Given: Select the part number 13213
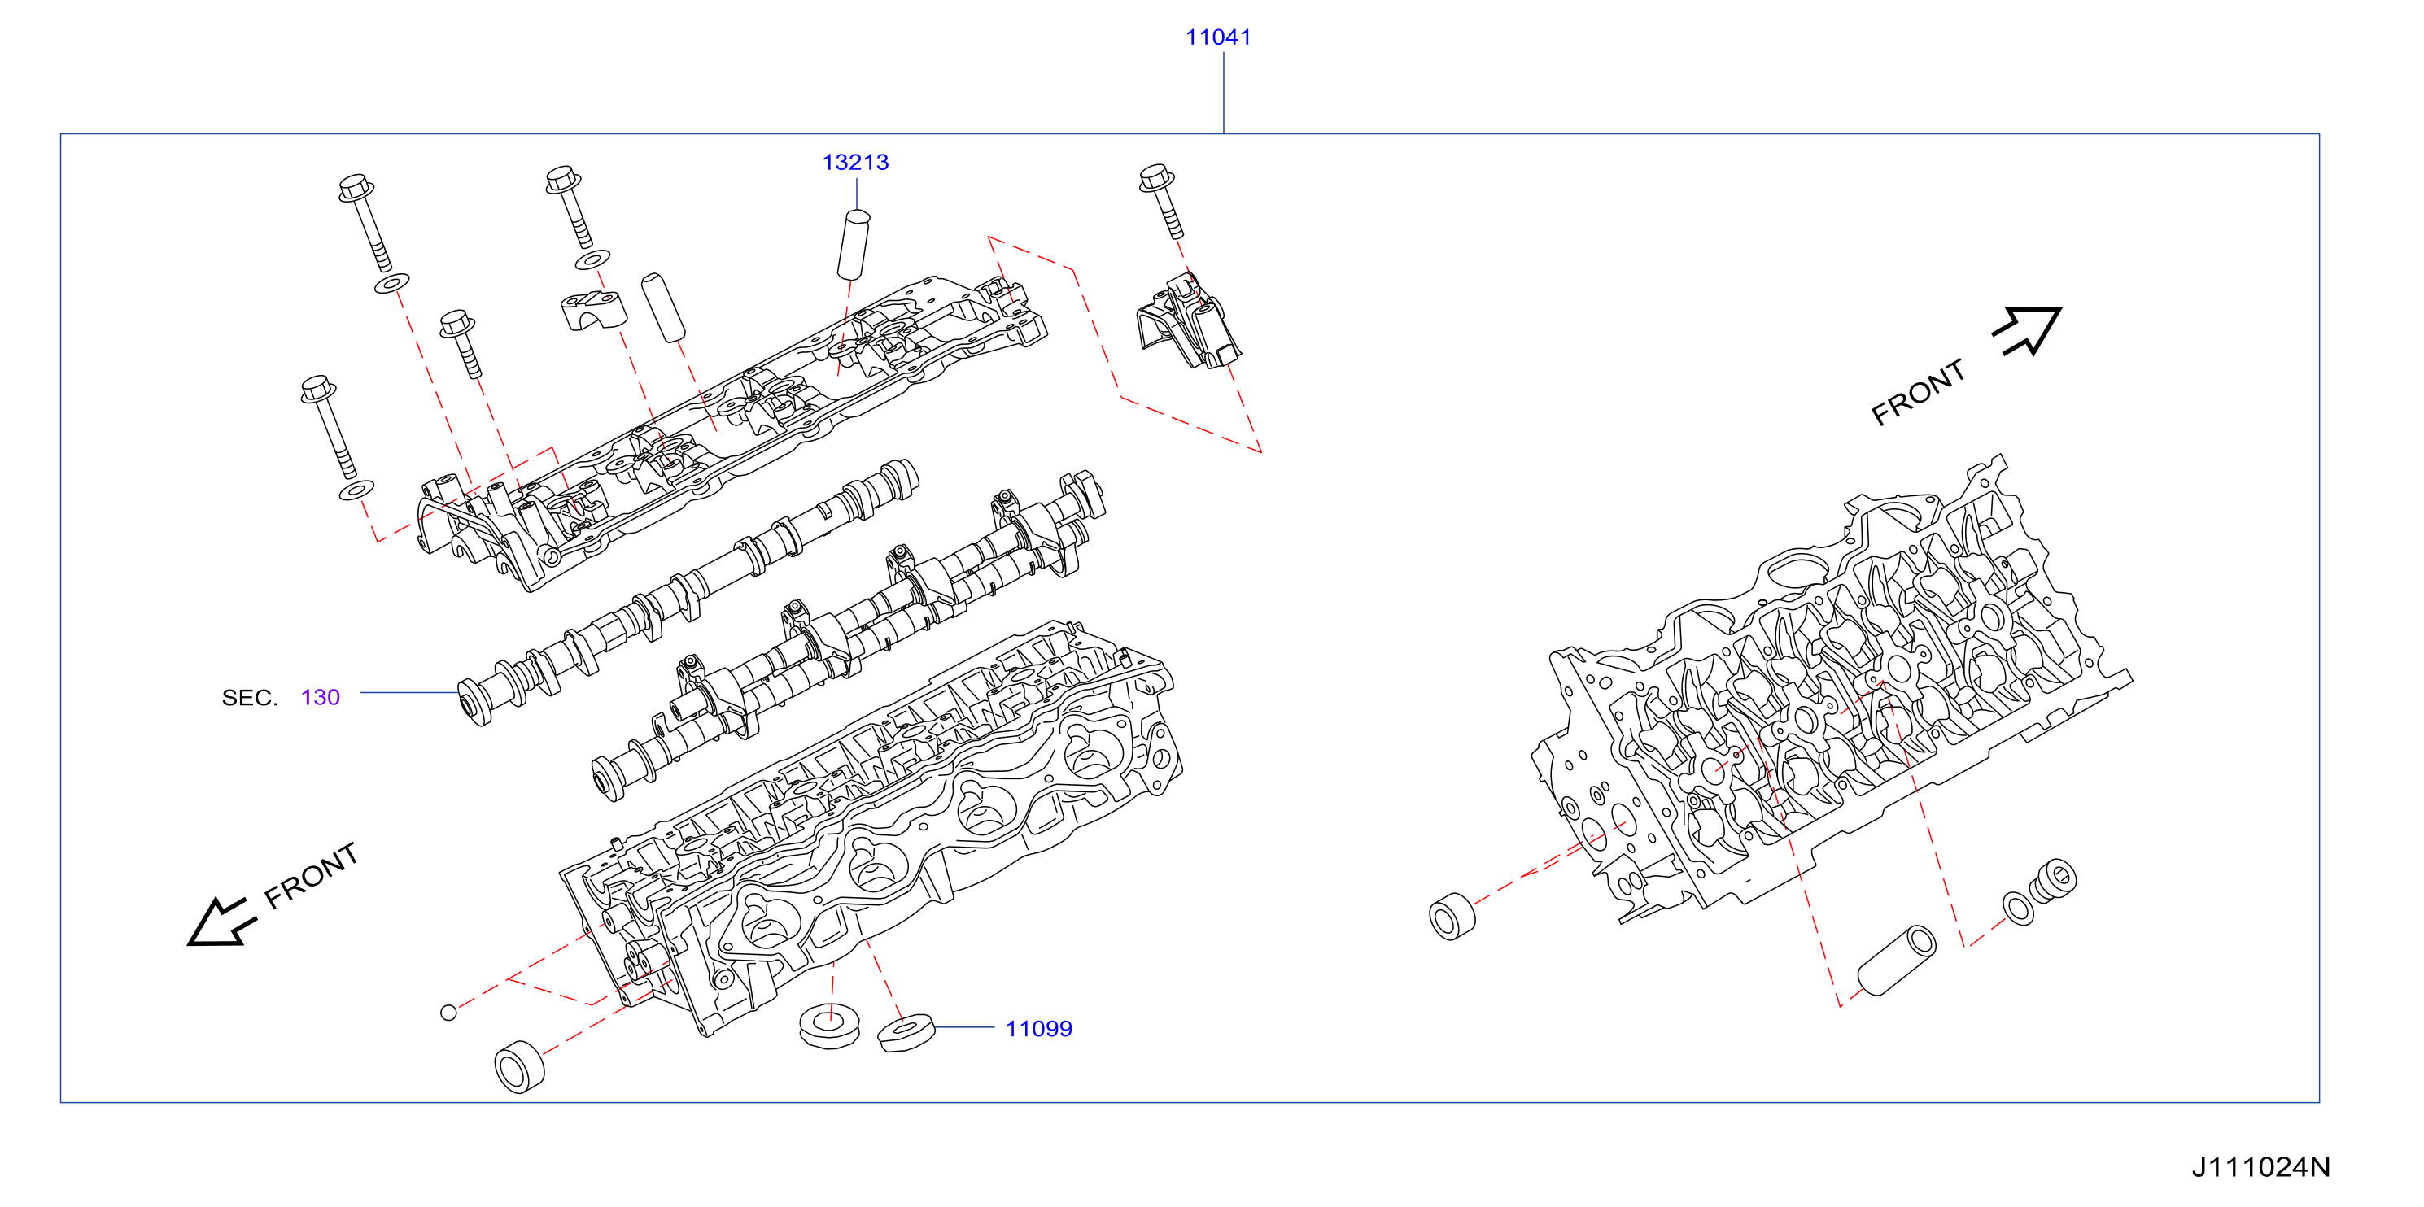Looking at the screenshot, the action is (854, 163).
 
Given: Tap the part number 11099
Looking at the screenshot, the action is (1038, 1028).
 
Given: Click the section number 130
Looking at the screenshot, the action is (320, 697).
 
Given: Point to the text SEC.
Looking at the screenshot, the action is (249, 697).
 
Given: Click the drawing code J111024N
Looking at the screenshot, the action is (2260, 1166).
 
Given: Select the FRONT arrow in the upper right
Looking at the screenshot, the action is (2027, 330).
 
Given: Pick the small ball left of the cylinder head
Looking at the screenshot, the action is (449, 1013).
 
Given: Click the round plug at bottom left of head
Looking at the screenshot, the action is (519, 1067).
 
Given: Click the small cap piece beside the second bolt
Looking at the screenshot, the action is (593, 310).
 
